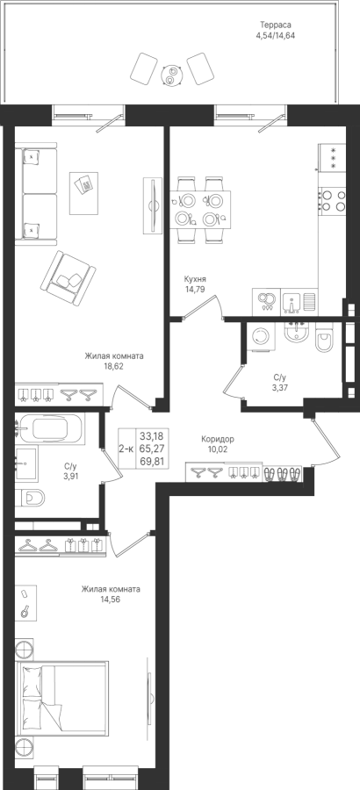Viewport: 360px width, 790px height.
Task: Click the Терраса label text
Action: (276, 25)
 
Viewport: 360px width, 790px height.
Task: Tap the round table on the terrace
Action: (171, 75)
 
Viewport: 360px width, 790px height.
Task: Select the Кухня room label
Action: (195, 278)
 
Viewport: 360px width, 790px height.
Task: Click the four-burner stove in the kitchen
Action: (333, 200)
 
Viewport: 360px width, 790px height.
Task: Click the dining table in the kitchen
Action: (200, 210)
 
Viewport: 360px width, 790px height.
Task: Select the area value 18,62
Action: (113, 366)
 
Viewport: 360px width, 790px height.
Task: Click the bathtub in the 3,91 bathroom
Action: (48, 428)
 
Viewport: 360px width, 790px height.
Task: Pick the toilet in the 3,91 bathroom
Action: (30, 499)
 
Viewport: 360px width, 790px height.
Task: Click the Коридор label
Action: (217, 439)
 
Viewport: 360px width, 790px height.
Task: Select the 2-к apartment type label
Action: (126, 448)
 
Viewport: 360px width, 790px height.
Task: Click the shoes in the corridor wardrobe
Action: (282, 473)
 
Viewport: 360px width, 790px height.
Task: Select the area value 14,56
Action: (111, 600)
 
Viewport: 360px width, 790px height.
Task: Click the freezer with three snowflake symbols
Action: (333, 158)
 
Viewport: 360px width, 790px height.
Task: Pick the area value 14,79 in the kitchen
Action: (195, 289)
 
